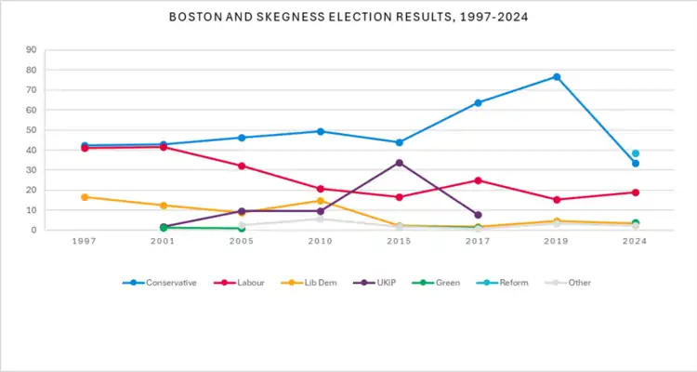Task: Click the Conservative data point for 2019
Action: pos(557,76)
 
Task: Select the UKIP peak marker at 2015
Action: pos(399,163)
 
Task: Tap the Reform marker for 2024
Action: pos(636,153)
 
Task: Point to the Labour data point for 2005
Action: pos(242,166)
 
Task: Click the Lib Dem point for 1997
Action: pos(85,197)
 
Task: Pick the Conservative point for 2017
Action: pos(478,102)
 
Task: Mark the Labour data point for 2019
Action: pos(557,200)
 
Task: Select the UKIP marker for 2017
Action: pos(478,215)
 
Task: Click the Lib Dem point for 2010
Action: pos(321,201)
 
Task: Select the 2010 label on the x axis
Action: pos(321,241)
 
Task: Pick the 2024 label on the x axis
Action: pos(636,241)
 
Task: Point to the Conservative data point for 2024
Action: pos(636,164)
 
